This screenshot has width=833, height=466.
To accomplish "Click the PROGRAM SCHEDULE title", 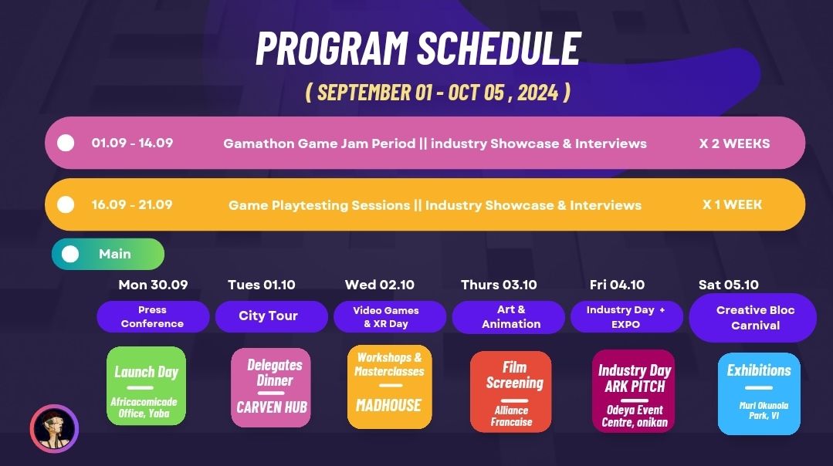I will (x=418, y=49).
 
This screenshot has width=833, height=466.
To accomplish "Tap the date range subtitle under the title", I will (x=438, y=93).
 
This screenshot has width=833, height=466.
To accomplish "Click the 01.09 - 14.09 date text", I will (x=132, y=143).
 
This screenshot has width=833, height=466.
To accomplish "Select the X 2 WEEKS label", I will (x=734, y=143).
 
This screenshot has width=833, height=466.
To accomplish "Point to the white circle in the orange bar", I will (x=66, y=204).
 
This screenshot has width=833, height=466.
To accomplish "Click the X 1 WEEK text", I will (x=732, y=204).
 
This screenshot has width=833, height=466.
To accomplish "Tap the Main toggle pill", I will (x=108, y=254).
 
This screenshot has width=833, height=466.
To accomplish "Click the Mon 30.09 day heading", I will (x=153, y=285).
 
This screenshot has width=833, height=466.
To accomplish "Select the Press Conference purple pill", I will (x=153, y=316).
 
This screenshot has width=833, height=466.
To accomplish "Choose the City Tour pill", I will (x=268, y=316).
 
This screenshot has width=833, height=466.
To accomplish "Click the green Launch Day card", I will (x=146, y=386).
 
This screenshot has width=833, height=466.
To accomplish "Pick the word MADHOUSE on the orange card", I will (x=388, y=406).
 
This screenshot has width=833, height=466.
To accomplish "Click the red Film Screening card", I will (x=510, y=392).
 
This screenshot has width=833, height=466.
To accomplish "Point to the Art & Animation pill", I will (x=509, y=317).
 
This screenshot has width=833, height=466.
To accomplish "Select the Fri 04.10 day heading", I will (x=617, y=285).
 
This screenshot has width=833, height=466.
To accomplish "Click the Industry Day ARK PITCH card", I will (x=633, y=390).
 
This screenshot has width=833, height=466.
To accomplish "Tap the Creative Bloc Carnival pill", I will (x=753, y=317).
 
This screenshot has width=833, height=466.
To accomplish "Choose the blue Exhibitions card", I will (x=758, y=393).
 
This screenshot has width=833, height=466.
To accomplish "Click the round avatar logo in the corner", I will (x=54, y=428).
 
